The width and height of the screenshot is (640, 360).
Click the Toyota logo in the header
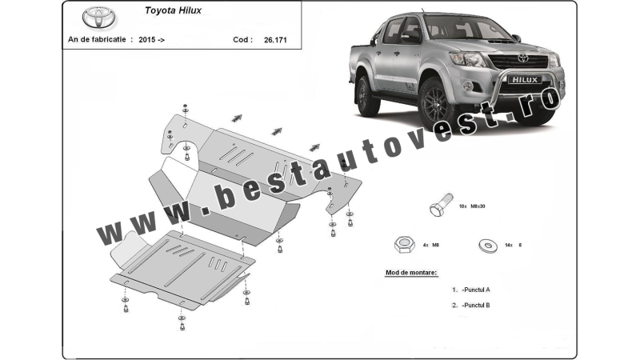tap(99, 18)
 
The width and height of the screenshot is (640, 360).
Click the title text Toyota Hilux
tap(173, 10)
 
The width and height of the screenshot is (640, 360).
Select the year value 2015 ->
tap(152, 40)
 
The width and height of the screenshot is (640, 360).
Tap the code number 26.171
tap(275, 40)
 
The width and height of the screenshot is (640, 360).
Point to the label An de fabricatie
tap(97, 39)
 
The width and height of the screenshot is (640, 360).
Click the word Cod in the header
tap(241, 39)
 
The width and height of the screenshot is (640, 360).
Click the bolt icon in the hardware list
tap(441, 205)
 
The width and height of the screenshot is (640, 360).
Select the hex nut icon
tap(405, 245)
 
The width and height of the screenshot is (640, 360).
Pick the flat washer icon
tap(488, 246)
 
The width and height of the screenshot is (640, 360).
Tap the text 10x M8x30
tap(472, 206)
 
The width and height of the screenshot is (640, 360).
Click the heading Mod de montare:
tap(411, 273)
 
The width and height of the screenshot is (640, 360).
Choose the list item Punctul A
tap(475, 290)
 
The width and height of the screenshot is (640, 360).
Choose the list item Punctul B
tap(475, 306)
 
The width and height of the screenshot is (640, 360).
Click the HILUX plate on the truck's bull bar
tap(525, 80)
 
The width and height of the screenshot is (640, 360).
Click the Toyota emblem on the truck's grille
tap(523, 58)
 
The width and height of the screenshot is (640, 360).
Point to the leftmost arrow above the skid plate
tap(237, 118)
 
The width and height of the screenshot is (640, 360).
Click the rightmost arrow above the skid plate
tap(314, 147)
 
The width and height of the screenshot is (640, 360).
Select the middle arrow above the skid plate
tap(277, 131)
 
